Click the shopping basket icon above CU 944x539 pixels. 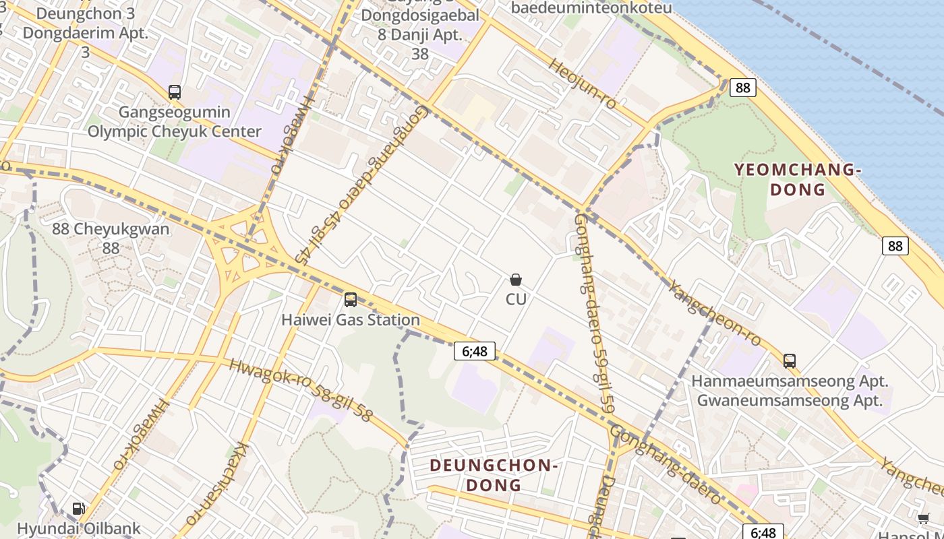click(x=516, y=280)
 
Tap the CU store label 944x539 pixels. click(x=516, y=298)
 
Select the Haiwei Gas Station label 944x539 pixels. click(x=351, y=320)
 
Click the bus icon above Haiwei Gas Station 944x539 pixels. click(x=351, y=300)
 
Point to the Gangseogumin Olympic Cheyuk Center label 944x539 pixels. click(x=175, y=122)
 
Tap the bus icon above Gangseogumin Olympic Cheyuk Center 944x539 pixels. click(x=175, y=92)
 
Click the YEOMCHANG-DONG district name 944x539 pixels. click(x=798, y=179)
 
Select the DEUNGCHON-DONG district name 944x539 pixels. click(x=493, y=475)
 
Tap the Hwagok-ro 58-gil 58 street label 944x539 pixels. click(x=300, y=390)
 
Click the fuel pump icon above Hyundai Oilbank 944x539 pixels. click(x=79, y=509)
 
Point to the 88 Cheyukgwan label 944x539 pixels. click(x=111, y=238)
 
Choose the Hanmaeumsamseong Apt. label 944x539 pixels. click(x=790, y=381)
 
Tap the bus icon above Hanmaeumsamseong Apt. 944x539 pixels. click(x=790, y=361)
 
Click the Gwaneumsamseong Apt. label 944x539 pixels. click(x=790, y=400)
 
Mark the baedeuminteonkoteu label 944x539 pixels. click(x=591, y=8)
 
